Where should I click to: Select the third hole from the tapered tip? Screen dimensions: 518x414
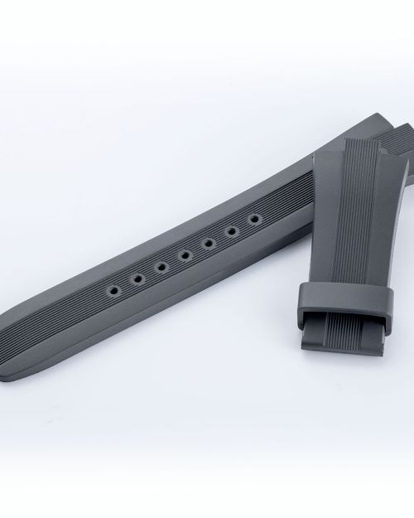pyautogui.click(x=160, y=267)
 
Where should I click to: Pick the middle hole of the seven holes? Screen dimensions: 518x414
pyautogui.click(x=184, y=255)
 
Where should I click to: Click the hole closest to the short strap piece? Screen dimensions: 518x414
pyautogui.click(x=253, y=220)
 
